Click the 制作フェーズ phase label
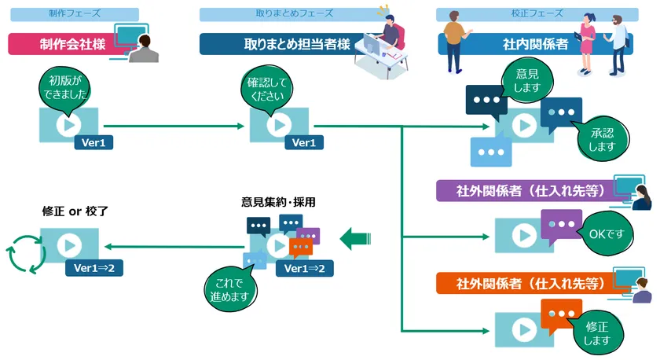[x=75, y=13]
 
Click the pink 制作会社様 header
[x=66, y=44]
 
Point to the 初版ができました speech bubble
[x=64, y=87]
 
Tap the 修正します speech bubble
[x=595, y=332]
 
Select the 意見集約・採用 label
[x=278, y=201]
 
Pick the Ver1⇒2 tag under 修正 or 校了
[x=93, y=268]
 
